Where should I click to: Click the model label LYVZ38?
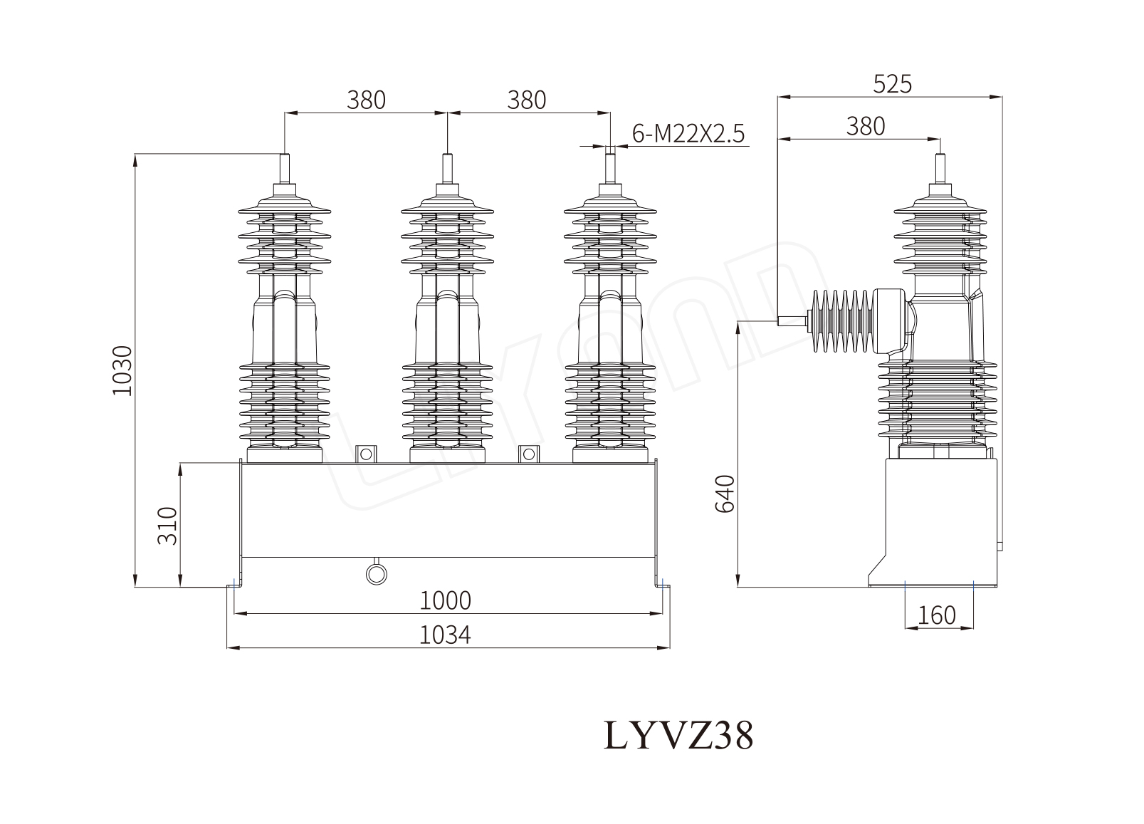[x=678, y=735]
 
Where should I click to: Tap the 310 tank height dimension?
[x=167, y=526]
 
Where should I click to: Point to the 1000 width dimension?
[x=446, y=601]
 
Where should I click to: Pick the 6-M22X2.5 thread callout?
[x=688, y=133]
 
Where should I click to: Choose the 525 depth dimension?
[x=892, y=84]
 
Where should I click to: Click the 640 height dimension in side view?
[x=724, y=494]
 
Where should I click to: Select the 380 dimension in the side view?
[x=866, y=126]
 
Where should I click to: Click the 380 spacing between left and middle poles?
[x=366, y=100]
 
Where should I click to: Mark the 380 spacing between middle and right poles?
[x=527, y=100]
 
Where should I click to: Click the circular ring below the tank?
[x=375, y=573]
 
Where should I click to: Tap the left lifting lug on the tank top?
[x=365, y=454]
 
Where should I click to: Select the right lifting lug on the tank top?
[x=529, y=454]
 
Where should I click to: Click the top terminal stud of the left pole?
[x=285, y=170]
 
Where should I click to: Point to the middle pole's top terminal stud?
[x=447, y=170]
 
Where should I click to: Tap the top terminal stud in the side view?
[x=940, y=169]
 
